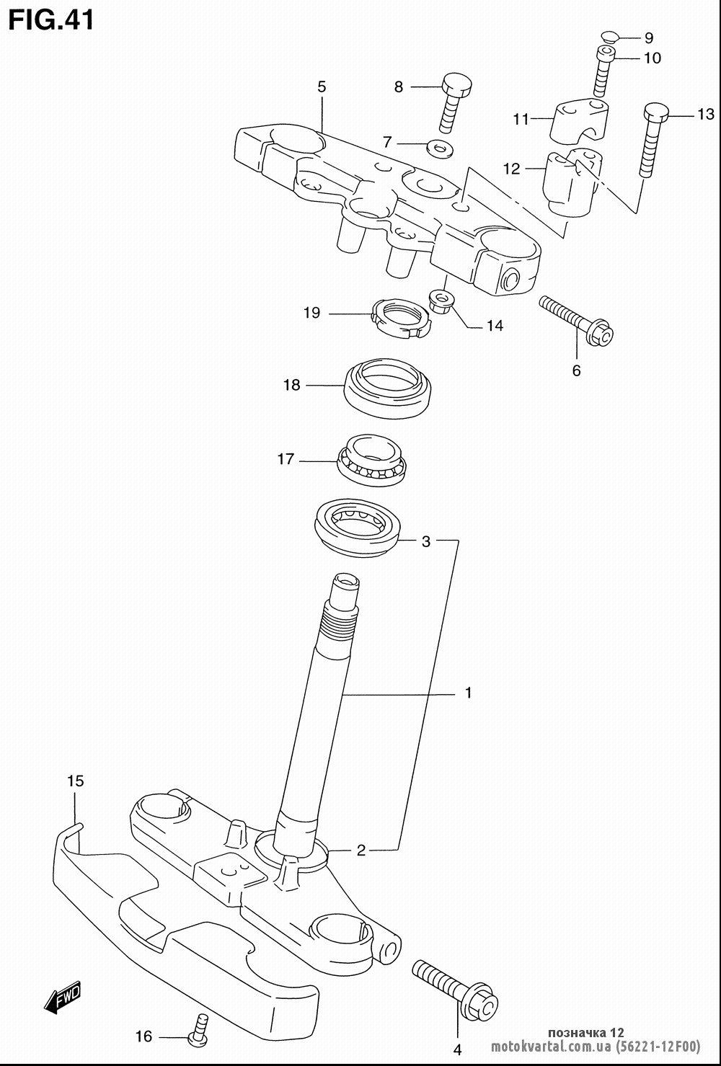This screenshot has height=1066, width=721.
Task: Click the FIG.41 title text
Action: point(51,20)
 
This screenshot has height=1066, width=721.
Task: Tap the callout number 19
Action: point(312,313)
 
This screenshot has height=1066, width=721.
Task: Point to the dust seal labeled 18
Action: point(389,388)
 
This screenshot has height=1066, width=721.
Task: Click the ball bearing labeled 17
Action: point(372,460)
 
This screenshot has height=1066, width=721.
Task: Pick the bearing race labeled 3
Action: point(357,528)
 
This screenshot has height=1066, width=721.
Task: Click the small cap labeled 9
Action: point(609,36)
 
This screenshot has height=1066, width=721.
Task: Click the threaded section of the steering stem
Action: point(339,624)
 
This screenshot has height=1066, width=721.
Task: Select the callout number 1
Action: point(469,693)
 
